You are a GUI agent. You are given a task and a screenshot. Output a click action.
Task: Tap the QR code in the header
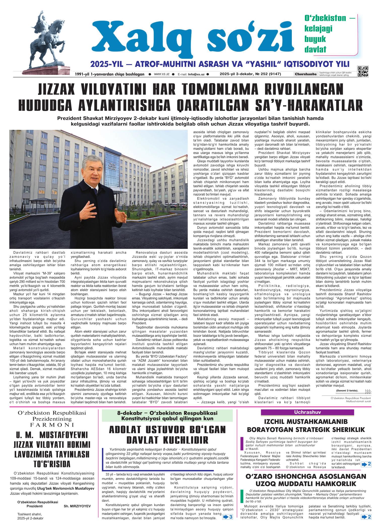363,71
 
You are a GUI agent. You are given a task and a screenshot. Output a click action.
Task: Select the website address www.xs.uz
161,74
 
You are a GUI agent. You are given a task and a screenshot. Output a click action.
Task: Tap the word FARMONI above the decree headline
52,425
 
